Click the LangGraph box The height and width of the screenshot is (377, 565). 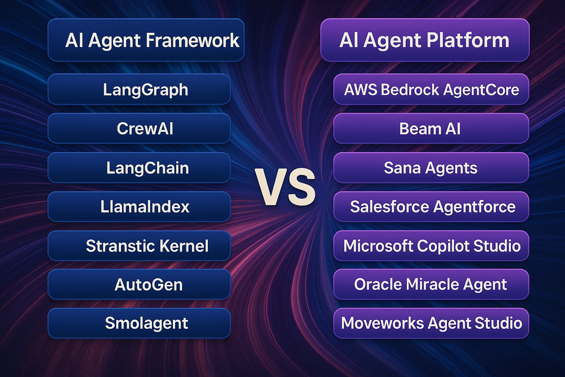(139, 89)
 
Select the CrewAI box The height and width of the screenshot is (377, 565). (139, 128)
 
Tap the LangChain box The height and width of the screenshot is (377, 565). (139, 168)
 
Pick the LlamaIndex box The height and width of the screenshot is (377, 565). (139, 206)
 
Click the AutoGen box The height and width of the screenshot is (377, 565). (139, 284)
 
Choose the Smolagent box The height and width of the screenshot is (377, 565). (139, 323)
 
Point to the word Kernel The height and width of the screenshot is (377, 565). (184, 246)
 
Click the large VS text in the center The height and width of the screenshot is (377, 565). (285, 188)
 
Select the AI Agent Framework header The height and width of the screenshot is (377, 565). (146, 40)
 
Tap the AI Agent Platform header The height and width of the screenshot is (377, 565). (425, 40)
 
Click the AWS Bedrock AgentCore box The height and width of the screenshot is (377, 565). (431, 89)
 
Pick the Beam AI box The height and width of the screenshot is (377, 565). (431, 128)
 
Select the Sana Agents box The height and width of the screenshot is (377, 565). (431, 168)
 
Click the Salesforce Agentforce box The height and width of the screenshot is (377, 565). (431, 206)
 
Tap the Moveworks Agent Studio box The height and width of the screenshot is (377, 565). (431, 323)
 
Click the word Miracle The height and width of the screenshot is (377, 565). (431, 284)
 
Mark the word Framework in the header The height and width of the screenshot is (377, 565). (193, 40)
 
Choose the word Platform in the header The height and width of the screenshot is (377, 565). (468, 40)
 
